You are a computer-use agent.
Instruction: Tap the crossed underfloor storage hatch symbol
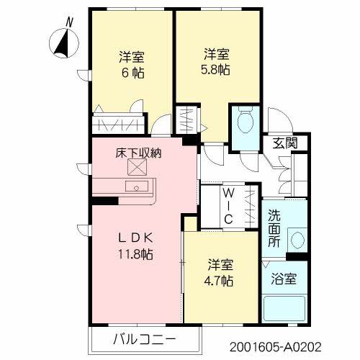point(136,168)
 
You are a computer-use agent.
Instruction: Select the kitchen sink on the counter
point(135,186)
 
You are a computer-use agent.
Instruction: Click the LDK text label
point(136,238)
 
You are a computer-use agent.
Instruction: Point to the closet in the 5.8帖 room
point(185,118)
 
